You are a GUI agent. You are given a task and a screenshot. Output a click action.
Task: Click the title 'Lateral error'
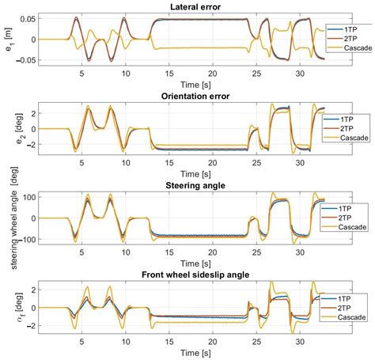[184, 7]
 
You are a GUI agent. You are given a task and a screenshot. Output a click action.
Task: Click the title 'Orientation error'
[184, 97]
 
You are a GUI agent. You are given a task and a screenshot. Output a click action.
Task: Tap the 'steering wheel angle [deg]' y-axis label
[9, 217]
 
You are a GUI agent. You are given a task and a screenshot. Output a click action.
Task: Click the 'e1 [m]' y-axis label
[9, 39]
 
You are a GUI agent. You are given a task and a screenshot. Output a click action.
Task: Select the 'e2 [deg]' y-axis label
[9, 128]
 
